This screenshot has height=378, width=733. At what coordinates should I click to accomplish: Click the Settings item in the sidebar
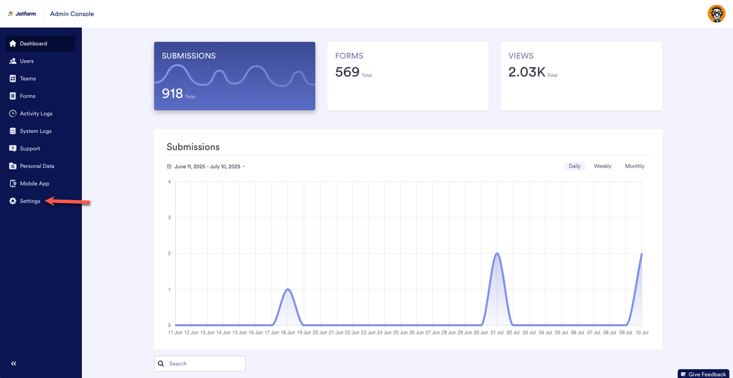(x=30, y=201)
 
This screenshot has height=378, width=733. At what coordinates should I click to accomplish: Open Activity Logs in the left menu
(x=36, y=114)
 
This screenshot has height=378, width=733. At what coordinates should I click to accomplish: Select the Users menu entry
(x=26, y=61)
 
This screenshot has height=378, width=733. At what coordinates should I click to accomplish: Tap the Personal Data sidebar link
(x=37, y=166)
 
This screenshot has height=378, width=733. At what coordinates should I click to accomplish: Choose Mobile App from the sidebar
(x=34, y=184)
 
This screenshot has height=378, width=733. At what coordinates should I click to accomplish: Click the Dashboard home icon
(x=13, y=44)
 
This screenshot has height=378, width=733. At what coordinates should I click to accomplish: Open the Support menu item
(x=30, y=149)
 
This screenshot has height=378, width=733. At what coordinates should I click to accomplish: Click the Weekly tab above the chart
(x=602, y=166)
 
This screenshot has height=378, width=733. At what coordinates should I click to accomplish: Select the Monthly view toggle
(x=635, y=166)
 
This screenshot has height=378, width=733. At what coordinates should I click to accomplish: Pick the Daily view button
(x=574, y=166)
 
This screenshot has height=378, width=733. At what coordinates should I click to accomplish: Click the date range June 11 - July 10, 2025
(x=207, y=167)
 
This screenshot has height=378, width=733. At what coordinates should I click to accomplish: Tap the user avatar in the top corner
(x=716, y=14)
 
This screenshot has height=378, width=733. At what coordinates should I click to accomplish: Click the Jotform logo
(x=22, y=14)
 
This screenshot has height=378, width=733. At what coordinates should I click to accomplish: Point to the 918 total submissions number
(x=172, y=93)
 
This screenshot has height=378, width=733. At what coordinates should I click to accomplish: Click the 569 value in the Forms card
(x=347, y=72)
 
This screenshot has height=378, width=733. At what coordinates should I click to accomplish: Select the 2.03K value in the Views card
(x=526, y=72)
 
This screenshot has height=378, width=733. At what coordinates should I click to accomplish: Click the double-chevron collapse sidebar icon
(x=14, y=364)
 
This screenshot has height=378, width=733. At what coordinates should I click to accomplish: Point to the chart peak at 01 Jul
(x=497, y=254)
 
